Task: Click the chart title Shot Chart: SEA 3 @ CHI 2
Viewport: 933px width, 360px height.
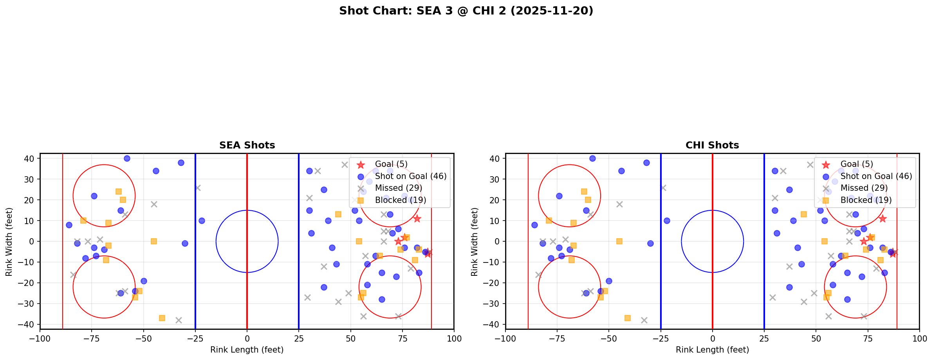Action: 466,11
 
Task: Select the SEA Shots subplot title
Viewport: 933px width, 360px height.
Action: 247,145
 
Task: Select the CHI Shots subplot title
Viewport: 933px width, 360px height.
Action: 712,145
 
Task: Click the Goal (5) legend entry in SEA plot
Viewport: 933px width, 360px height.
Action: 391,164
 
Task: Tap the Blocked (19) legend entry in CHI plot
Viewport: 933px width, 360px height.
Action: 866,200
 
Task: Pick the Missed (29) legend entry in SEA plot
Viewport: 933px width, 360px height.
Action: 398,188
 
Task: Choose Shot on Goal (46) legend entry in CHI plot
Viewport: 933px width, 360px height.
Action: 876,176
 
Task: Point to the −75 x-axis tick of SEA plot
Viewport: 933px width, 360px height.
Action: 92,338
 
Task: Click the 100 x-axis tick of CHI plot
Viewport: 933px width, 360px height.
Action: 919,338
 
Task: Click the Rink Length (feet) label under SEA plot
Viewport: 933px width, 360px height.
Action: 247,350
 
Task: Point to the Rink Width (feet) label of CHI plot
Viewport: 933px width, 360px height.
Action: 475,242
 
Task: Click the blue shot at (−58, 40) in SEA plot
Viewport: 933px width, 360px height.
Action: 127,158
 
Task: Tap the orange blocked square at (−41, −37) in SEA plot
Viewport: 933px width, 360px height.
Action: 162,318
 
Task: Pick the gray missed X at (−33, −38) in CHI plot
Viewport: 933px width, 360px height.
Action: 644,320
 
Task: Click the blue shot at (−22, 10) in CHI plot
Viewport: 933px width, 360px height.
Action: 667,221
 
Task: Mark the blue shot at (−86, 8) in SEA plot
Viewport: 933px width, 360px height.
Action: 69,225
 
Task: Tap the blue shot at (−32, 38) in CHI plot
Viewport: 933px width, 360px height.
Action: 646,163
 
